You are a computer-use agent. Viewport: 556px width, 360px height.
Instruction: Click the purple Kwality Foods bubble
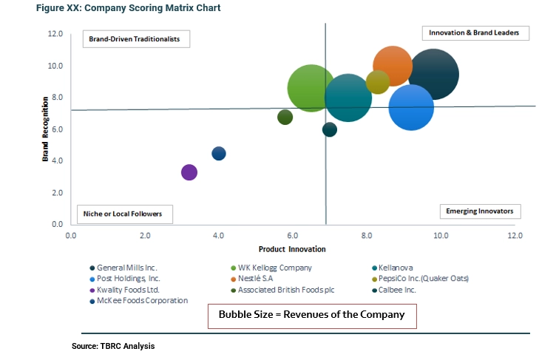[189, 172]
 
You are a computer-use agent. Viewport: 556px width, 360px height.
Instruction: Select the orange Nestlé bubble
[393, 66]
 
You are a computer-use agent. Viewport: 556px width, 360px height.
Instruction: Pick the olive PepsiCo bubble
[378, 82]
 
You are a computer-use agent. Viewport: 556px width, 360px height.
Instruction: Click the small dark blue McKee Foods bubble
[219, 153]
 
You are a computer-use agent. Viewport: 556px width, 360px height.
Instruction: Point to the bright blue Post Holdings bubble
[411, 107]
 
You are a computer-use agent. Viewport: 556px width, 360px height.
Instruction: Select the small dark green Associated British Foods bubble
[285, 117]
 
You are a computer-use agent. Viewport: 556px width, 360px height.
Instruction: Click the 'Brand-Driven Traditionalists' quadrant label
[130, 38]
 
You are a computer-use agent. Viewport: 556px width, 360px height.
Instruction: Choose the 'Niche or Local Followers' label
[124, 214]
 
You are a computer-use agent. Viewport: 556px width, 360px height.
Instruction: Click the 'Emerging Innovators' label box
[480, 211]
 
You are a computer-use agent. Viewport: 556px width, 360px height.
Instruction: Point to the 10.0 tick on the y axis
[55, 66]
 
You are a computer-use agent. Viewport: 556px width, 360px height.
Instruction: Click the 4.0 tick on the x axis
[219, 235]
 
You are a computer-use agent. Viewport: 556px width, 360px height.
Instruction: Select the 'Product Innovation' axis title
[292, 249]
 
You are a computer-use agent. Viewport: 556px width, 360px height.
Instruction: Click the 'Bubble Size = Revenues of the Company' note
[311, 315]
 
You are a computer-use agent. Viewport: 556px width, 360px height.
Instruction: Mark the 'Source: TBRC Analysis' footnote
[113, 346]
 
